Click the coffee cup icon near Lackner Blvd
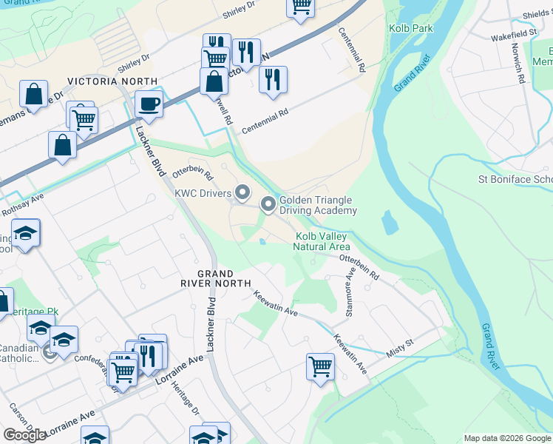[149, 104]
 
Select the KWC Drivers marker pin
[242, 194]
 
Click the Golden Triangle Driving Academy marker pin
[268, 203]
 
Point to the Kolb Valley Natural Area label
[322, 241]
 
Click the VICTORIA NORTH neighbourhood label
[112, 81]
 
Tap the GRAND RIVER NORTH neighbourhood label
[223, 278]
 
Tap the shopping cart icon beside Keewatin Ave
[320, 366]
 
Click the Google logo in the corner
[24, 434]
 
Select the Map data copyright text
[506, 438]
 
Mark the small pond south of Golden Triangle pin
[263, 240]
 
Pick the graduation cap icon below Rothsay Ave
[26, 235]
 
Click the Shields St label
[536, 13]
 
